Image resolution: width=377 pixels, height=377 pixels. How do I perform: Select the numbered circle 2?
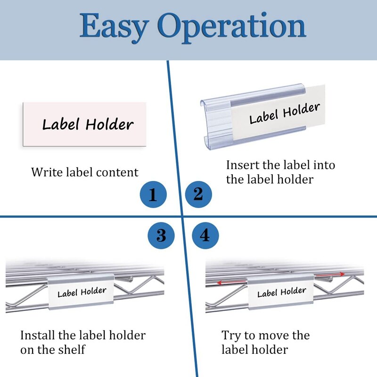coord(198,194)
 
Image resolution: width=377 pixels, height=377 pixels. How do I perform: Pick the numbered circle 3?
coord(161,235)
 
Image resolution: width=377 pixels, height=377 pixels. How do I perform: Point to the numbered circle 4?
coord(205,235)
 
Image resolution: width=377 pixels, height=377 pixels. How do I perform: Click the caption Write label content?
coord(85,172)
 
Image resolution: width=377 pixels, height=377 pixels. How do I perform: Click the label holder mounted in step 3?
coord(82,293)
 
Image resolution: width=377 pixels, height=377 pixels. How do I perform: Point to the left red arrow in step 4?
coord(231,282)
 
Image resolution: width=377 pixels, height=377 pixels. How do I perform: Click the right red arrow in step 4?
coord(330,274)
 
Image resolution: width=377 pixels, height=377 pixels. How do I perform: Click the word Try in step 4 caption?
coord(231,336)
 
